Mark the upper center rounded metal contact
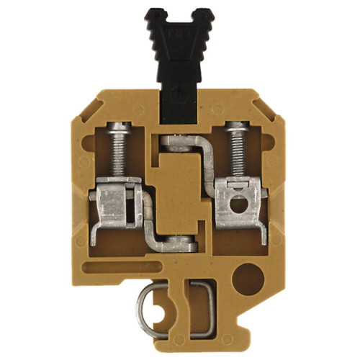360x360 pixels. [x=177, y=140]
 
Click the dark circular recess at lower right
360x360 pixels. [x=249, y=275]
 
